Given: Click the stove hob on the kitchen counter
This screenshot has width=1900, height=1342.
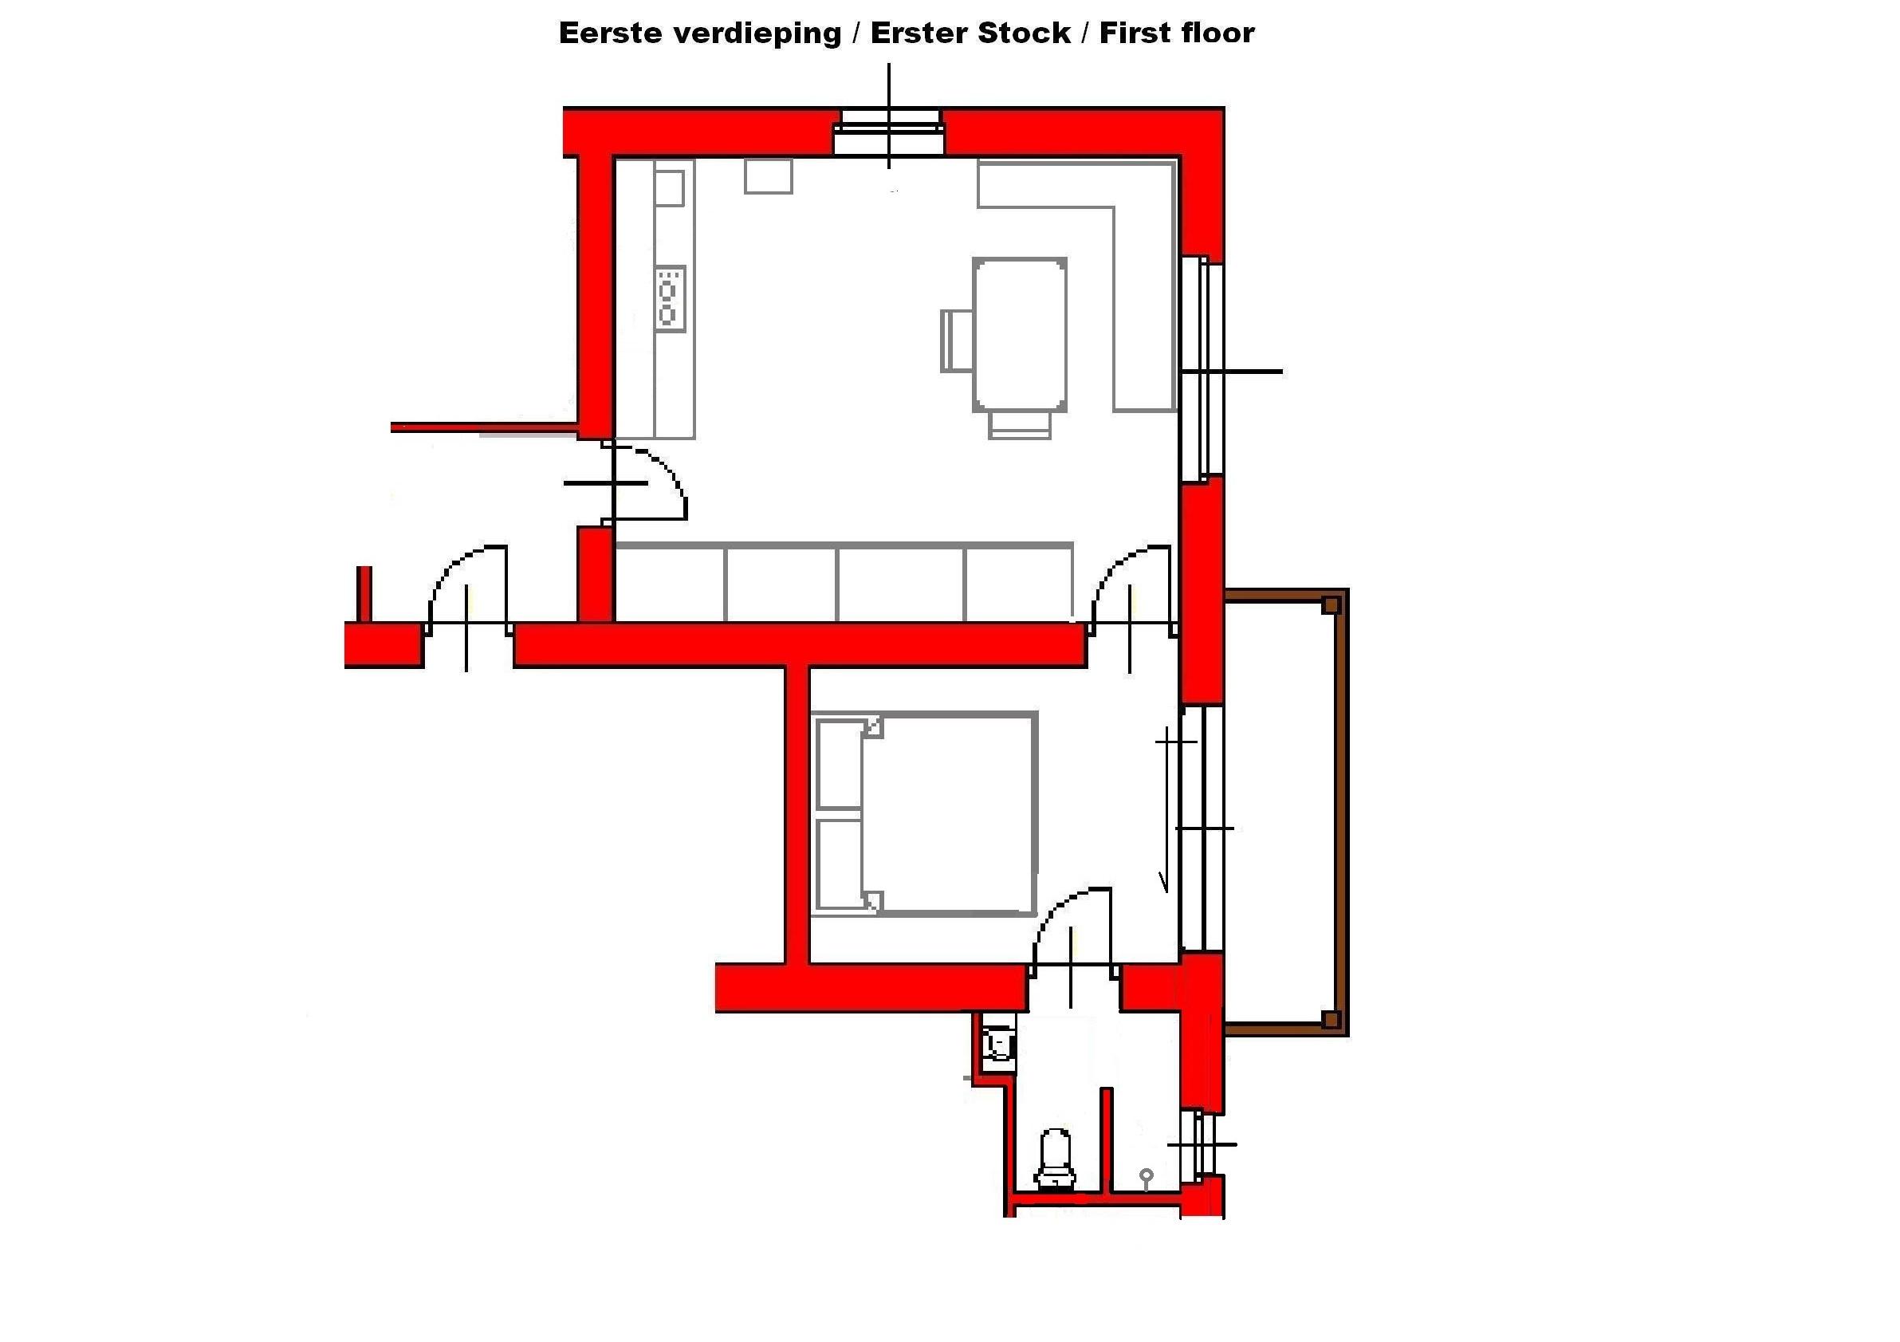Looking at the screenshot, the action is click(x=671, y=298).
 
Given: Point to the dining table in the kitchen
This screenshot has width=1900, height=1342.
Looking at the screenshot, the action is click(x=1020, y=334).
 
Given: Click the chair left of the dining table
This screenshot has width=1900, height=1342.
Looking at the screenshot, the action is click(x=957, y=340).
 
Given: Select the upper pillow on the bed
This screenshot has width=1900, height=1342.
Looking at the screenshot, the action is click(x=839, y=765).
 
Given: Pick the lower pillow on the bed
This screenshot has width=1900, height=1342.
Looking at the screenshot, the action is click(x=839, y=864).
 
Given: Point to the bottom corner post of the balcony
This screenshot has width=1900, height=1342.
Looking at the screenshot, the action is click(x=1331, y=1018).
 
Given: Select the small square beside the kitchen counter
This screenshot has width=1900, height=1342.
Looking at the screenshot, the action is click(x=768, y=175).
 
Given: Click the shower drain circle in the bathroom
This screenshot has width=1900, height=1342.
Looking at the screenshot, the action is click(x=1146, y=1174).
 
